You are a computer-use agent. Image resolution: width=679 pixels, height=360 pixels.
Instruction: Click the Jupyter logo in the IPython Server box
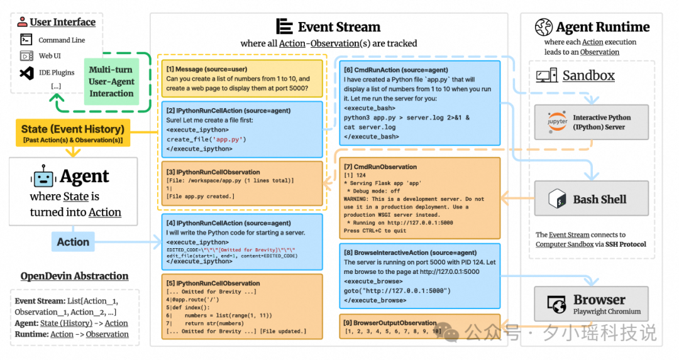[x=557, y=122]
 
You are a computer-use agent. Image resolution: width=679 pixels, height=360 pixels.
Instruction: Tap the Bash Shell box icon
[x=557, y=199]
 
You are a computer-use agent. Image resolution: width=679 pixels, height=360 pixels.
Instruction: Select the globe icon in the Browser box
[x=557, y=305]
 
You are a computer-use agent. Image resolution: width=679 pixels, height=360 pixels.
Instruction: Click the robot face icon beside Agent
[x=43, y=177]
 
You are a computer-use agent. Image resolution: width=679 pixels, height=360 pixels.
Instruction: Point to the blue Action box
[x=73, y=242]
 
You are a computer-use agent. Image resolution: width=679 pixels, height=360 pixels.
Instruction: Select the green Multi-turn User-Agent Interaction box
[x=111, y=82]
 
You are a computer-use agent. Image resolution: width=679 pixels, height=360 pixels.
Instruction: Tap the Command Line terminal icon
[x=26, y=40]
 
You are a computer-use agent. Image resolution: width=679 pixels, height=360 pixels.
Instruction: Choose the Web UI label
[x=50, y=56]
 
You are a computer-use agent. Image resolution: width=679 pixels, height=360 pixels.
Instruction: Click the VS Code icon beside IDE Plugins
[x=26, y=72]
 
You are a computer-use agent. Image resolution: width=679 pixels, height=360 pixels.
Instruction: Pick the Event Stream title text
[x=339, y=27]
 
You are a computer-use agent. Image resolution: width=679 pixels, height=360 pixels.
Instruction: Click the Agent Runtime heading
[x=602, y=27]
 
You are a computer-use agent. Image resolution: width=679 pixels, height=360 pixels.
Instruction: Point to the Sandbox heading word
[x=588, y=76]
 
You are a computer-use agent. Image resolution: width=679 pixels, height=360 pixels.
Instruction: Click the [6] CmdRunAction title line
[x=391, y=70]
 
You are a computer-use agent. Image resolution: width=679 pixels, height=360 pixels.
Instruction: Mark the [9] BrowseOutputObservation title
[x=390, y=322]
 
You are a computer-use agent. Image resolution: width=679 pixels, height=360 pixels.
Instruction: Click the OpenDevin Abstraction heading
[x=74, y=276]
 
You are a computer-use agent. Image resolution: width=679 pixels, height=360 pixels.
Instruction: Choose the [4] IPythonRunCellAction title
[x=228, y=223]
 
